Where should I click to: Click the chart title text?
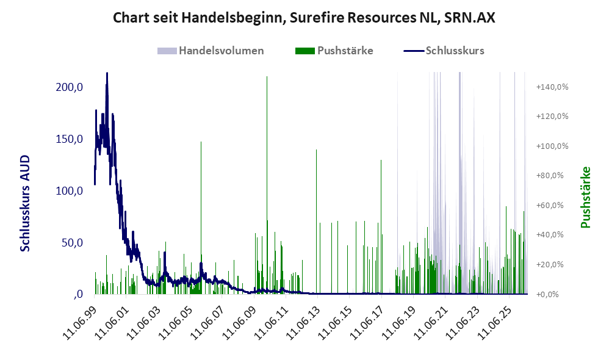pos(304,18)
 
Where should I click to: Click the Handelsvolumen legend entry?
pos(211,51)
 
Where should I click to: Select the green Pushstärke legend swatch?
pos(305,51)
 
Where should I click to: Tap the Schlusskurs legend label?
pos(455,51)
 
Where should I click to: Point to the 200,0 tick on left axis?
pos(69,87)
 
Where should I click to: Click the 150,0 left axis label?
pos(69,139)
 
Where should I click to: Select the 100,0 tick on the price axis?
pos(69,191)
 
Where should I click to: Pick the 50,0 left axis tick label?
pos(72,243)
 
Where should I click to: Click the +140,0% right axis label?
pos(552,87)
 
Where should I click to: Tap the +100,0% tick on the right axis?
pos(552,146)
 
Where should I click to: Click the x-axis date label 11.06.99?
pos(79,323)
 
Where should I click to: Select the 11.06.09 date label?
pos(239,323)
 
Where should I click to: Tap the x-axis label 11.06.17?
pos(366,323)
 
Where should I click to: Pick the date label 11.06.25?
pos(494,323)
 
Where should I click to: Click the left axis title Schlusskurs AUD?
pos(25,203)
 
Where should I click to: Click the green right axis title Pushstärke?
pos(585,197)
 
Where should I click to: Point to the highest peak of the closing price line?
pos(107,73)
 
